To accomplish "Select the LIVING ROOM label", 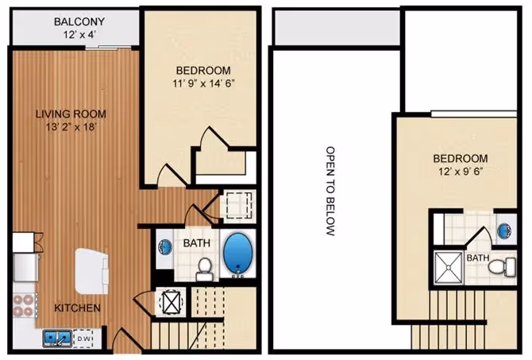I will (x=70, y=114).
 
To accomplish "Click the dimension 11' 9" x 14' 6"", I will (x=204, y=83).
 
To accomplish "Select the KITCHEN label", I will (x=77, y=308).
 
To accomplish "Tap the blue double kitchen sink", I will (x=56, y=339).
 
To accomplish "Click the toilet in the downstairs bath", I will (x=204, y=268).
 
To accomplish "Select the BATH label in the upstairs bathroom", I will (x=478, y=258).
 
